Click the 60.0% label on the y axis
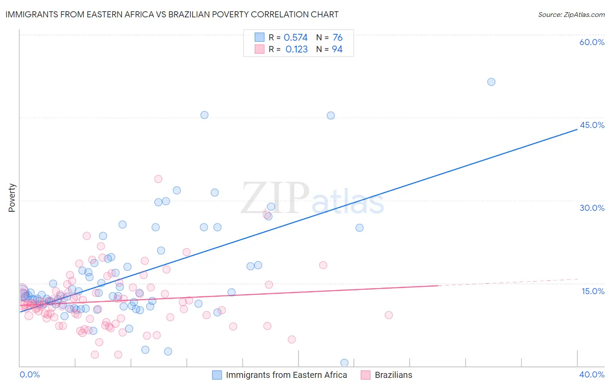(592, 42)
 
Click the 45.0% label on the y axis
(592, 125)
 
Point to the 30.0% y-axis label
(592, 208)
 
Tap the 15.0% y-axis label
(593, 291)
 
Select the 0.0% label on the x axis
(30, 374)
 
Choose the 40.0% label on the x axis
(592, 374)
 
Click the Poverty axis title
(12, 198)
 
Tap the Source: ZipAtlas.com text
(571, 14)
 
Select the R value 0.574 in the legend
(295, 37)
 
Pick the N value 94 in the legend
(337, 49)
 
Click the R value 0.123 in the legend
(296, 49)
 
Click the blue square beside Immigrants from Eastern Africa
(217, 375)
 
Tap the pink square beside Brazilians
(366, 375)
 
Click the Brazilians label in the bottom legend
(393, 375)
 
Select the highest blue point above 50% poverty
(491, 82)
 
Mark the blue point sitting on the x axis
(344, 363)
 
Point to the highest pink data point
(158, 179)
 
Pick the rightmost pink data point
(389, 315)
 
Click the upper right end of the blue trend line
(577, 129)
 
